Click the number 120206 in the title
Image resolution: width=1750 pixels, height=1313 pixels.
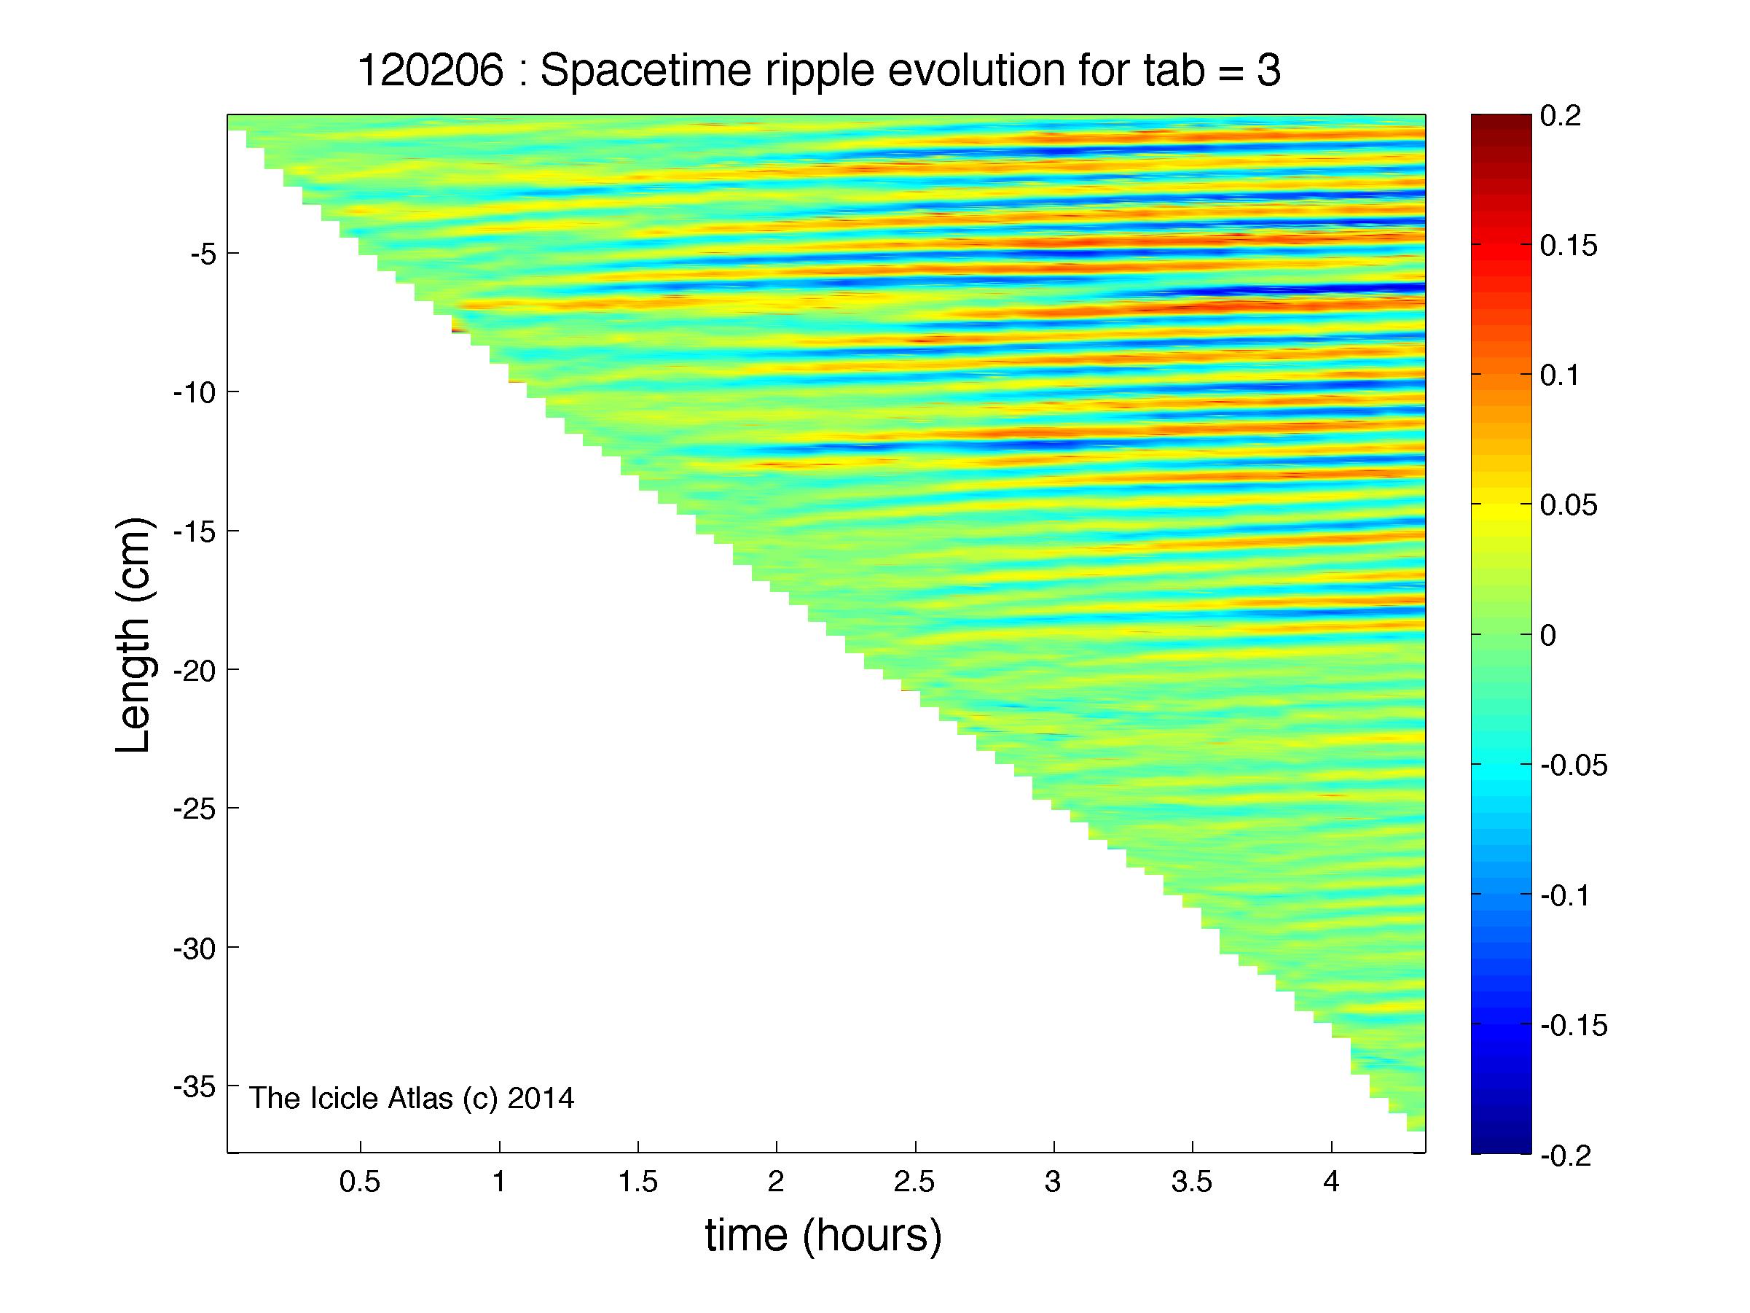click(431, 71)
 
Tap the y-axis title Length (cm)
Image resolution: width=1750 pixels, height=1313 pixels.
click(133, 636)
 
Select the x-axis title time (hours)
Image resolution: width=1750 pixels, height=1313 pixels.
click(823, 1236)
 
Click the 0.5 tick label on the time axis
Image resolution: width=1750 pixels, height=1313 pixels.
click(360, 1183)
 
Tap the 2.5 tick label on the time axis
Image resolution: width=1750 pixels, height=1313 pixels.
click(915, 1183)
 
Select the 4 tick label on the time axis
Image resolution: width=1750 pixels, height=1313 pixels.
click(1332, 1183)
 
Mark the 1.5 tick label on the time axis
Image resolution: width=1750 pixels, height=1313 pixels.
click(637, 1183)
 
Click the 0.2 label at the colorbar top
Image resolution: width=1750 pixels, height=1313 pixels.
click(1561, 117)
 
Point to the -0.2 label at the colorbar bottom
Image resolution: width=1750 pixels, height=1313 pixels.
click(1566, 1157)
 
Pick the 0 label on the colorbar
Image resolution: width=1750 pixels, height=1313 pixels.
click(1548, 636)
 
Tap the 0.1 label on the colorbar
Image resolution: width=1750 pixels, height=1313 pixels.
click(1559, 376)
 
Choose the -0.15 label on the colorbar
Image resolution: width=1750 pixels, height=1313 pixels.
click(1574, 1026)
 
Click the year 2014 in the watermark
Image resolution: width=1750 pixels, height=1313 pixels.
click(541, 1099)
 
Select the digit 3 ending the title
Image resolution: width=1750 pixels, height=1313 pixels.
click(1268, 71)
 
